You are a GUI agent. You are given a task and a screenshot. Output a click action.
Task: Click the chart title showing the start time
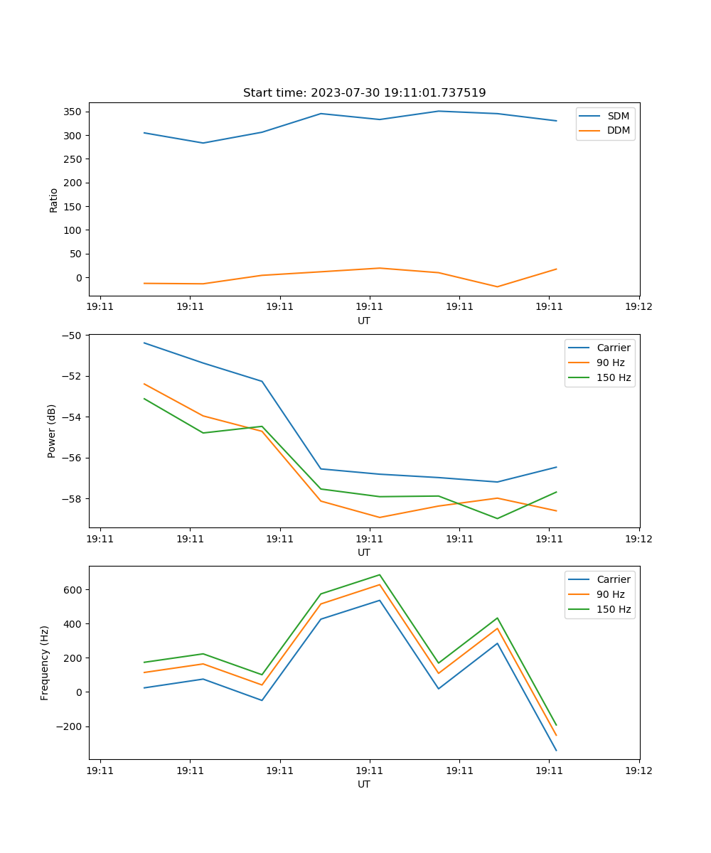364,93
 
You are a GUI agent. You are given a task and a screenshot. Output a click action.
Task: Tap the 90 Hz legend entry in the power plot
610,363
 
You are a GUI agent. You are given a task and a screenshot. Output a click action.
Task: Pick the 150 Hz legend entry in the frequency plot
614,609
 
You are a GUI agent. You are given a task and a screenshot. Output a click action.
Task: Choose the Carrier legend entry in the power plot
613,348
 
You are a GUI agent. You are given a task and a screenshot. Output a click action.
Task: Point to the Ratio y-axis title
54,200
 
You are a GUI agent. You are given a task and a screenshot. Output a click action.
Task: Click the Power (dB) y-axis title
52,431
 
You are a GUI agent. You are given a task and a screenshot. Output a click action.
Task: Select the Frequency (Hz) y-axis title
45,662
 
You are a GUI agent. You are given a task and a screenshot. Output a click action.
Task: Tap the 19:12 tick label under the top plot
638,307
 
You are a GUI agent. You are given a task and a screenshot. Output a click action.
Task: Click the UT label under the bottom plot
364,784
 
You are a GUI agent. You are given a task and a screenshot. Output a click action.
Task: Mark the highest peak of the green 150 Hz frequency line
380,575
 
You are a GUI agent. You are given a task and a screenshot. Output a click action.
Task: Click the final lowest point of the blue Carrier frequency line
556,751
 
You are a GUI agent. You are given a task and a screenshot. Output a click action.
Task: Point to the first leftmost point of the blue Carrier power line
144,343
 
